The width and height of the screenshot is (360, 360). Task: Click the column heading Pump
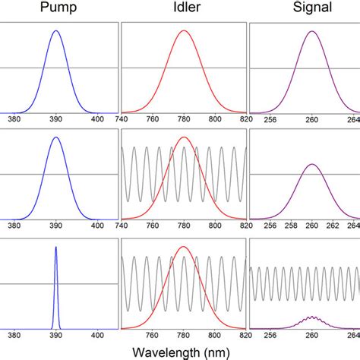point(55,9)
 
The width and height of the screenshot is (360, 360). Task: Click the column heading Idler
point(183,9)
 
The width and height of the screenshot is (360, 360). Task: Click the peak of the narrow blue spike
point(55,248)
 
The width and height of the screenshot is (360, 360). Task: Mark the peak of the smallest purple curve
point(311,316)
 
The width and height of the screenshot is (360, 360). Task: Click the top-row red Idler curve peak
point(183,31)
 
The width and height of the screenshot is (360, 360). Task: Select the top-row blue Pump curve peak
point(55,31)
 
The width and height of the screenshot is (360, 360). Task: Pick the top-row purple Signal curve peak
point(311,31)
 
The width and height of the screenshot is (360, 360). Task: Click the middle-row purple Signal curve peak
point(311,164)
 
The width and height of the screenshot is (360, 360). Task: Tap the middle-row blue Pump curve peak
point(55,137)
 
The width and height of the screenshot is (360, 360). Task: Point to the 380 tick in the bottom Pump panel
point(14,334)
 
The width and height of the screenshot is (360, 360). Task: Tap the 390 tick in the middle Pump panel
point(55,226)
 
